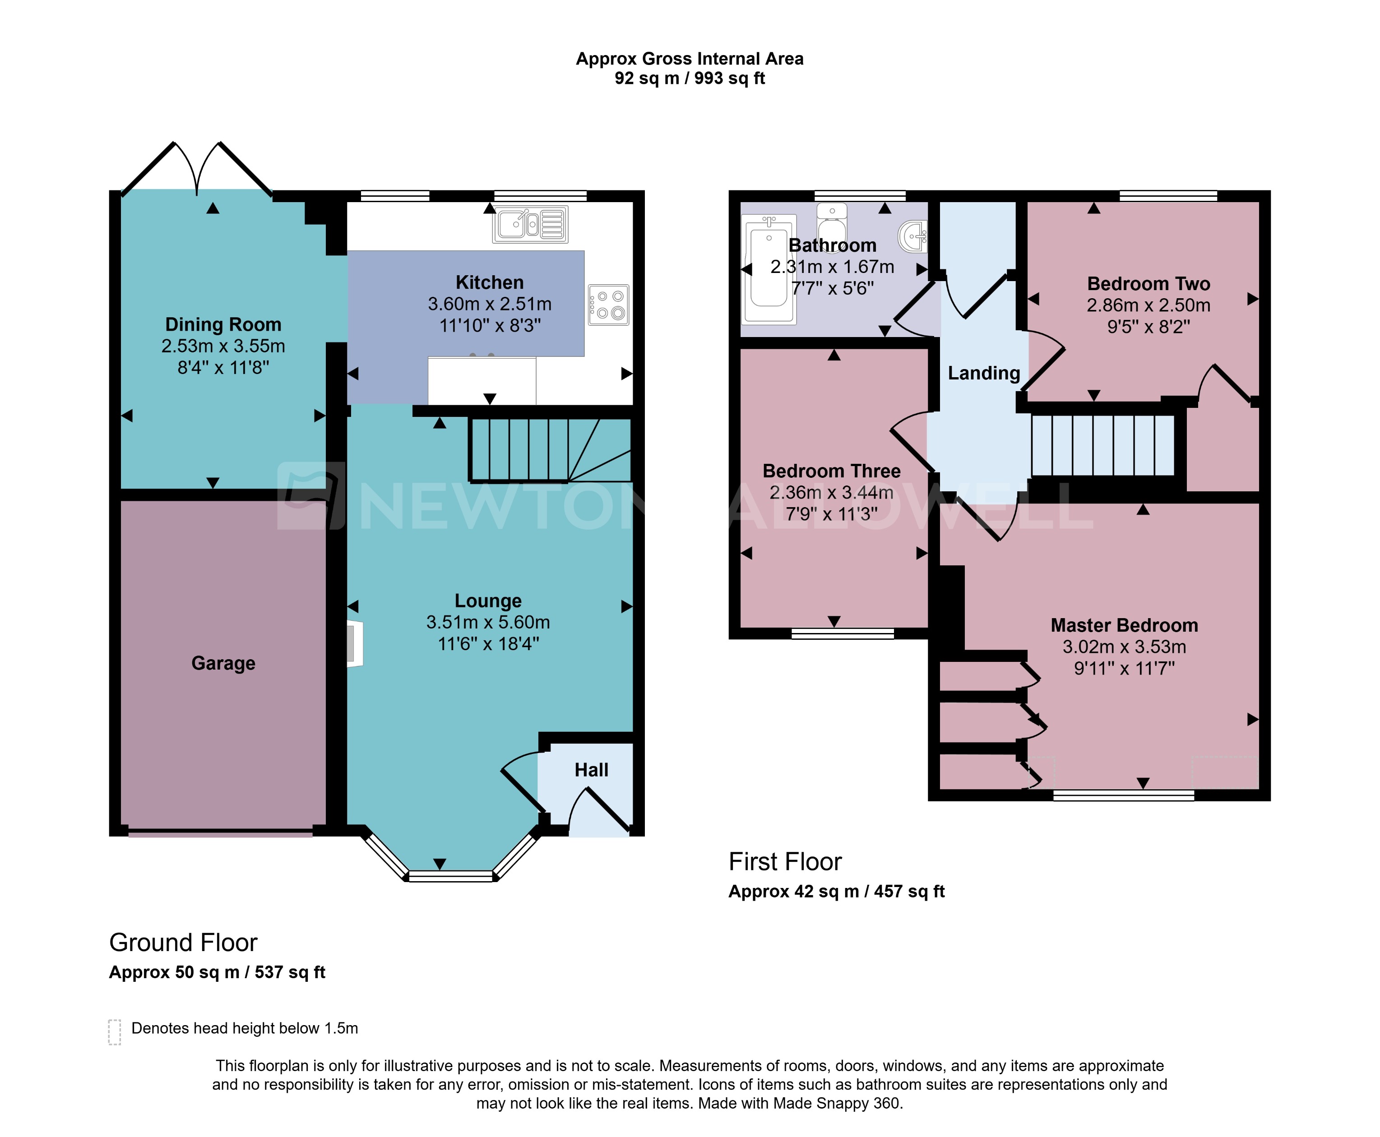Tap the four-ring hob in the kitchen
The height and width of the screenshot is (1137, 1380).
608,305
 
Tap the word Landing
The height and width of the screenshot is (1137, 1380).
984,373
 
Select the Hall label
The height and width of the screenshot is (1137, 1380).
592,770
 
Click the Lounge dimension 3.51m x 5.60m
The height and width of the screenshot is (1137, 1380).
488,622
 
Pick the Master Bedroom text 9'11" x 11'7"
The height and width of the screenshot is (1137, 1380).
1124,669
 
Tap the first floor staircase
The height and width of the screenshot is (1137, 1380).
1103,445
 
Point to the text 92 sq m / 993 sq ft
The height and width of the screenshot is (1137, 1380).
690,79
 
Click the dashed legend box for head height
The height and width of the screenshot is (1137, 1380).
115,1031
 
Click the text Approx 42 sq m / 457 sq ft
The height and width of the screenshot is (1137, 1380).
836,892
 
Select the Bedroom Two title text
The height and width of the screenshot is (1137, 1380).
1148,284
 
